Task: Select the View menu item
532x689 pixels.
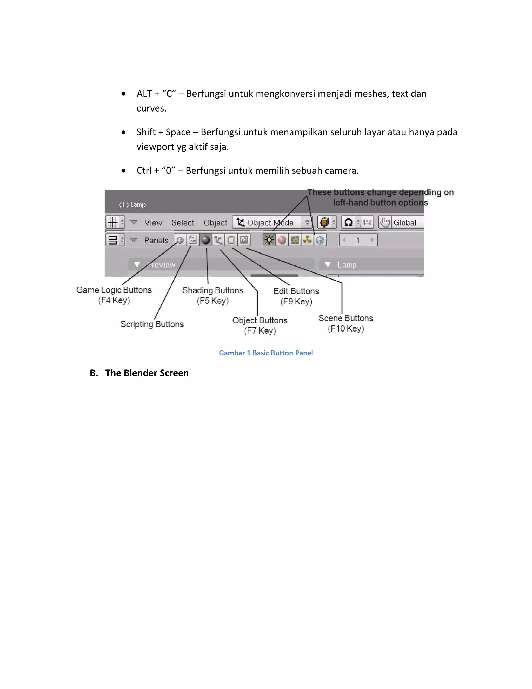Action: [x=153, y=222]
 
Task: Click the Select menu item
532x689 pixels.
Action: [x=183, y=222]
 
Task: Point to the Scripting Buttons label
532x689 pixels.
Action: [x=152, y=324]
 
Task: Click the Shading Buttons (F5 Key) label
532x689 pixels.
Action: [x=213, y=295]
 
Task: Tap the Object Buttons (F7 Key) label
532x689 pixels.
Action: [x=260, y=325]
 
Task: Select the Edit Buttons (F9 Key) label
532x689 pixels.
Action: [x=296, y=296]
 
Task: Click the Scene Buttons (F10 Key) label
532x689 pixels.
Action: [x=346, y=323]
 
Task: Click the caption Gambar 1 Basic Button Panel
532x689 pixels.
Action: [x=266, y=353]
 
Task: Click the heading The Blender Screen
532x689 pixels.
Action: [x=147, y=373]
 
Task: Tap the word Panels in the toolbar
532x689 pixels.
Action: [x=156, y=240]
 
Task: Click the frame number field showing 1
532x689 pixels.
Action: [x=358, y=240]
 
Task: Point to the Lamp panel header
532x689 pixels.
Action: [x=347, y=264]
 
